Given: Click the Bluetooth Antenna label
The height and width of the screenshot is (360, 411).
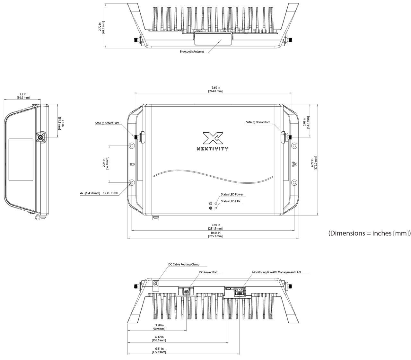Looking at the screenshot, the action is point(192,51).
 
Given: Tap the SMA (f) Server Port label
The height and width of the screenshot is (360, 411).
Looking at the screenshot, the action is point(107,123).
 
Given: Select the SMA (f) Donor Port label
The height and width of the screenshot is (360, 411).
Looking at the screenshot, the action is point(258,122).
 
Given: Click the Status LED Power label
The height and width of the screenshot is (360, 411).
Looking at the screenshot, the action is point(232,194).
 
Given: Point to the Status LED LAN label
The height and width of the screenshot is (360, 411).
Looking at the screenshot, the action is point(231,201).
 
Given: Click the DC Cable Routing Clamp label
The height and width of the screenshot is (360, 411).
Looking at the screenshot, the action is point(184,264).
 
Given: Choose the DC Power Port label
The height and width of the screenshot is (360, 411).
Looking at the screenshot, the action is point(208,272).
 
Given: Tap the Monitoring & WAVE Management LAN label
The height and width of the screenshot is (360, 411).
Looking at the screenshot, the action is point(276,272).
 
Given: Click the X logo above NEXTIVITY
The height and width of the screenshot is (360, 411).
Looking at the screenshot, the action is point(213,138).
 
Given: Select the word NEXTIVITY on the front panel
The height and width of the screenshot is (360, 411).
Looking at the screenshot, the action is point(212,149).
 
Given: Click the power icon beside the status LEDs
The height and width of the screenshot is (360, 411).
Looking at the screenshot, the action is point(211,204).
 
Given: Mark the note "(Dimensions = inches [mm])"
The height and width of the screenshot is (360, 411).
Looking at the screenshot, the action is point(369,233).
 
